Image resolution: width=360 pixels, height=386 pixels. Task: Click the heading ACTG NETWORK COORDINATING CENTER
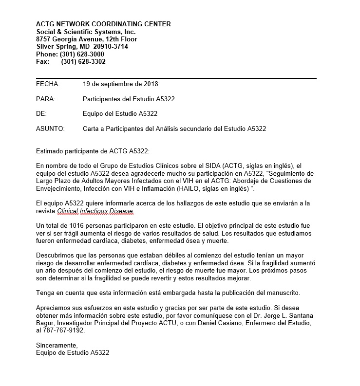pyautogui.click(x=103, y=24)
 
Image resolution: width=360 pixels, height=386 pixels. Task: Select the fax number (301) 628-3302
pyautogui.click(x=83, y=62)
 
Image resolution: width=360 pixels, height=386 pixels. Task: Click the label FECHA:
pyautogui.click(x=48, y=84)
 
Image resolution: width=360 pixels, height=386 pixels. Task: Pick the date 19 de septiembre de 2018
pyautogui.click(x=120, y=84)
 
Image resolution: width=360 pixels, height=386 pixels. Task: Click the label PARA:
pyautogui.click(x=46, y=99)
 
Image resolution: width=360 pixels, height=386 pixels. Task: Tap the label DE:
pyautogui.click(x=41, y=114)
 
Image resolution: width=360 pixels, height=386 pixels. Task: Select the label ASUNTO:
pyautogui.click(x=50, y=129)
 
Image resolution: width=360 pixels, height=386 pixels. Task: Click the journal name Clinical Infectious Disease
pyautogui.click(x=95, y=211)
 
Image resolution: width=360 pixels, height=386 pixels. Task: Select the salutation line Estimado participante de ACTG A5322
pyautogui.click(x=93, y=151)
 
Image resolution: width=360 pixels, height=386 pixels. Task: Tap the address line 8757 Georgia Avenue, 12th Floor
pyautogui.click(x=87, y=39)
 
